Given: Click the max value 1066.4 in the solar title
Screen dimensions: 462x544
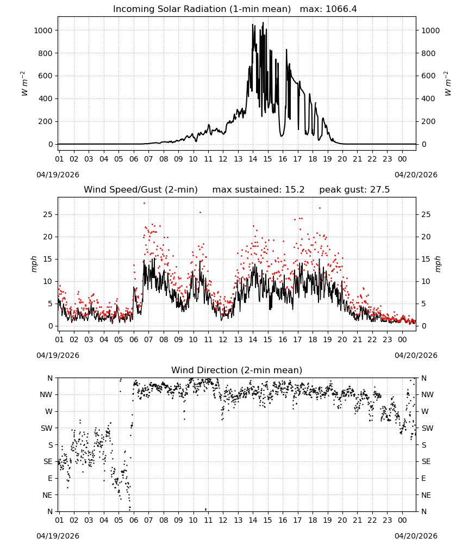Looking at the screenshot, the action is pos(341,9).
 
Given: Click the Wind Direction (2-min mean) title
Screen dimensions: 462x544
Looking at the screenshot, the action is pos(237,370).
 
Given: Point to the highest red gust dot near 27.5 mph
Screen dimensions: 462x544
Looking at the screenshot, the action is pos(144,203).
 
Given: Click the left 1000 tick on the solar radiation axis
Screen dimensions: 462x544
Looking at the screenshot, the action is pos(43,30).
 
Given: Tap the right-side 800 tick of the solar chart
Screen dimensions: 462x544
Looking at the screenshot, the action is pos(428,53).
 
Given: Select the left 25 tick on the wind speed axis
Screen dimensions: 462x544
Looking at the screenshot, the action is pos(48,214).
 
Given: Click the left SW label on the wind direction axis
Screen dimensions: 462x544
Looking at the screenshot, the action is pos(47,428).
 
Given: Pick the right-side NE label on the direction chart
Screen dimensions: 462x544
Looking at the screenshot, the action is pos(426,495).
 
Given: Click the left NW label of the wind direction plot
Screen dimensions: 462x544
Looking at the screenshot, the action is pos(46,394).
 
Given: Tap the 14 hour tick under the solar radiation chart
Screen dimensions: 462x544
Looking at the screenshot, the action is pos(253,159).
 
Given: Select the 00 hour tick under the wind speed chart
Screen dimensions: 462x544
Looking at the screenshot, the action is pos(402,339).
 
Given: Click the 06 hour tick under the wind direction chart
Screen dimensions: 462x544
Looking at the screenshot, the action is pos(134,520).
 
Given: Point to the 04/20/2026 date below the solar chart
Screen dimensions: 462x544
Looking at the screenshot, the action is pos(416,175).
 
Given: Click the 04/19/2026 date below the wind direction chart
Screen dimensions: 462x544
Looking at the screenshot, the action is pos(58,536).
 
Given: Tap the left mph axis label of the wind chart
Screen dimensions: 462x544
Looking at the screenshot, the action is pos(34,264).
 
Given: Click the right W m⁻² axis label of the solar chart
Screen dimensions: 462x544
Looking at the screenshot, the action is pos(448,84).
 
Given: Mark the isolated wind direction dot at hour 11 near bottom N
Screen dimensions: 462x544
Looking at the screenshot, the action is pos(206,509).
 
